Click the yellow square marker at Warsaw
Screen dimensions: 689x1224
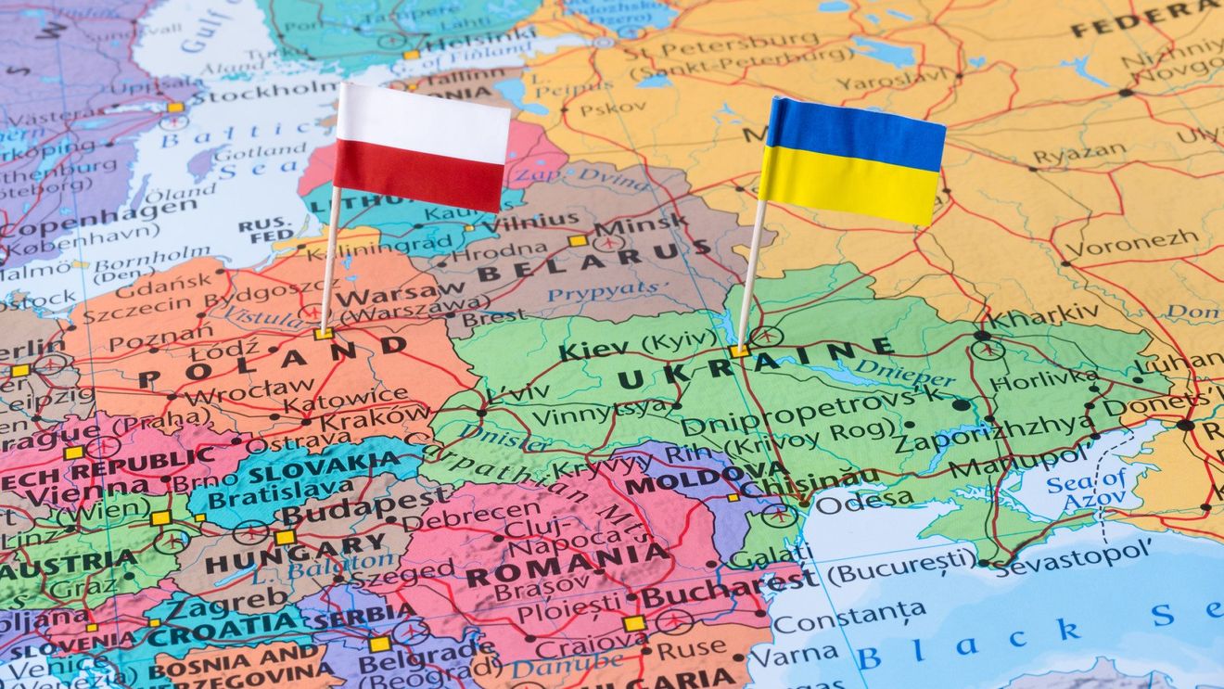click(x=323, y=334)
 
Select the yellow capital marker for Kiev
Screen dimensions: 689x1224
click(x=739, y=351)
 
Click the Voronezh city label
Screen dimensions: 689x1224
click(x=1130, y=244)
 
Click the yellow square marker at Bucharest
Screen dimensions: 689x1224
click(x=634, y=623)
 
